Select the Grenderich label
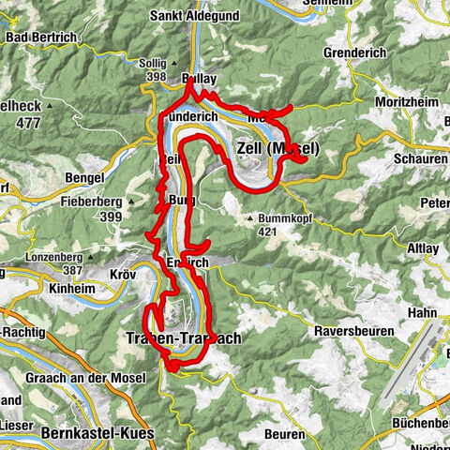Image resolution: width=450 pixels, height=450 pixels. click(353, 53)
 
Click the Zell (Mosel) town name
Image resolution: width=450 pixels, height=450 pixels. click(278, 149)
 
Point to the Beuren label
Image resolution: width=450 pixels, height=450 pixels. click(285, 435)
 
